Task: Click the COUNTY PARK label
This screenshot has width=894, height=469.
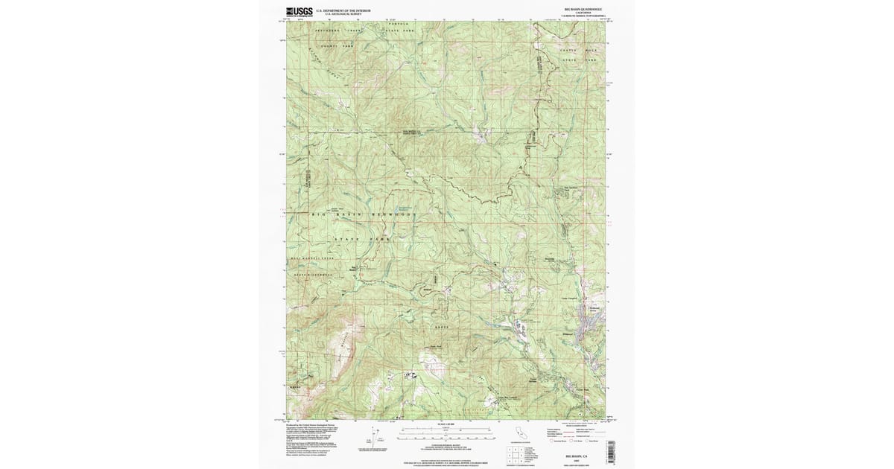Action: click(335, 46)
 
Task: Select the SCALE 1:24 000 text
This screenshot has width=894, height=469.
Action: click(445, 424)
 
